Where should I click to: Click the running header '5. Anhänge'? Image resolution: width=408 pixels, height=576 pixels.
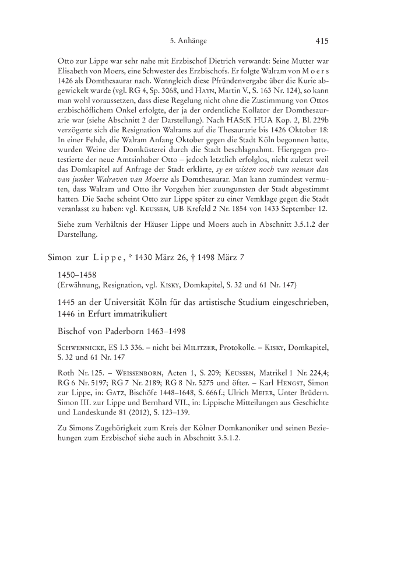[189, 41]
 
